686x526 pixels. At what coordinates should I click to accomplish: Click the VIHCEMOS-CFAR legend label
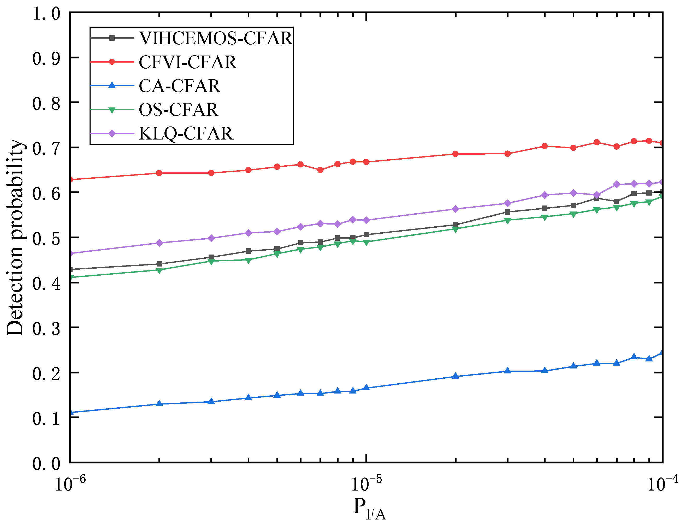pyautogui.click(x=216, y=38)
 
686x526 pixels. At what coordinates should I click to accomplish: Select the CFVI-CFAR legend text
pyautogui.click(x=188, y=62)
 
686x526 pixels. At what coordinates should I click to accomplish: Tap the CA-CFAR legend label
pyautogui.click(x=180, y=86)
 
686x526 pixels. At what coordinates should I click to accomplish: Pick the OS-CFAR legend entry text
pyautogui.click(x=178, y=110)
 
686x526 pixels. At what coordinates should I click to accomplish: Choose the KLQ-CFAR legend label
pyautogui.click(x=186, y=133)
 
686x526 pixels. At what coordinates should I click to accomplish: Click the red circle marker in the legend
pyautogui.click(x=112, y=62)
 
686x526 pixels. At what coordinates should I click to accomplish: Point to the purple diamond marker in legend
pyautogui.click(x=112, y=133)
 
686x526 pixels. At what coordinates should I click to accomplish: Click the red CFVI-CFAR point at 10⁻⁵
pyautogui.click(x=366, y=162)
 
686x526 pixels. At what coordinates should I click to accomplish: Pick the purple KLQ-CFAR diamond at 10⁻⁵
pyautogui.click(x=366, y=220)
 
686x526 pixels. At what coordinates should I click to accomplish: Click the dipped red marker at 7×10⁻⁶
pyautogui.click(x=320, y=170)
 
